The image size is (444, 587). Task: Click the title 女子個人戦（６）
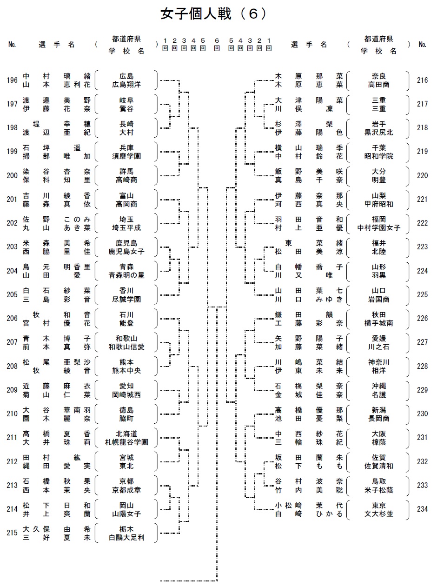click(214, 14)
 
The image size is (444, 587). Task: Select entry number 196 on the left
click(13, 80)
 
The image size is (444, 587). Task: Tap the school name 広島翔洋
click(126, 85)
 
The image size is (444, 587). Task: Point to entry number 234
click(422, 509)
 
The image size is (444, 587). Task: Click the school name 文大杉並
click(379, 514)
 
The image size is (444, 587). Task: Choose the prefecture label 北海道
click(126, 434)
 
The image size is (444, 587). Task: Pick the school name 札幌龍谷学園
click(126, 442)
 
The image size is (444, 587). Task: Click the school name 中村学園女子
click(379, 227)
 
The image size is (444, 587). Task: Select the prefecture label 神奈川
click(379, 362)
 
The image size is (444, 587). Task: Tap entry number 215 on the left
click(13, 533)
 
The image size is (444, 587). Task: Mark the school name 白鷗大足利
click(126, 537)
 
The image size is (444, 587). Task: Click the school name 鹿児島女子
click(126, 251)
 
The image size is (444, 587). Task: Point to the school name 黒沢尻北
click(379, 132)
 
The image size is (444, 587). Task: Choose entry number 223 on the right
click(422, 247)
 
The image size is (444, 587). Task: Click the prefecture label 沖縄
click(379, 386)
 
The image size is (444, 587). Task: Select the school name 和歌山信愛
click(126, 347)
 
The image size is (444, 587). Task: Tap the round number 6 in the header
click(217, 41)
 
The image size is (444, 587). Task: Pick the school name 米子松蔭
click(379, 489)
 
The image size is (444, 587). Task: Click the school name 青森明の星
click(126, 275)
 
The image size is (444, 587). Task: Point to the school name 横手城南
click(379, 323)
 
